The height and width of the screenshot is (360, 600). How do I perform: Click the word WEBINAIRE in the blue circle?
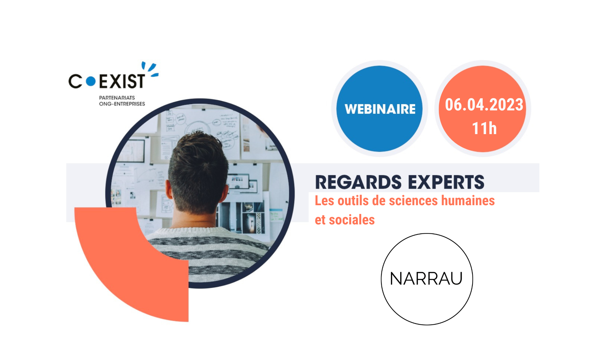[380, 109]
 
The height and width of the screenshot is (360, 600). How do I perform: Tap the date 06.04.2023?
[484, 105]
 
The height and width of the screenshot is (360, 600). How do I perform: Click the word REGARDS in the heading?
[358, 182]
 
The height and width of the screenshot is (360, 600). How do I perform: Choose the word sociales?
[352, 220]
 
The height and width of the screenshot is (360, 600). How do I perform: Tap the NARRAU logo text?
[426, 279]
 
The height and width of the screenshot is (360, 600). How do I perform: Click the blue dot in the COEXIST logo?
[91, 81]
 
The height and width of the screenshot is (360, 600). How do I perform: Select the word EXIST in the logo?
[122, 81]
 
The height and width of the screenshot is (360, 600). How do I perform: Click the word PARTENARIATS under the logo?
[117, 98]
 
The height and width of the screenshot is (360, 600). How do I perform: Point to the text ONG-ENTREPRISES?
[122, 104]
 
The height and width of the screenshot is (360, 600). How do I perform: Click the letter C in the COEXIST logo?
[75, 81]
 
